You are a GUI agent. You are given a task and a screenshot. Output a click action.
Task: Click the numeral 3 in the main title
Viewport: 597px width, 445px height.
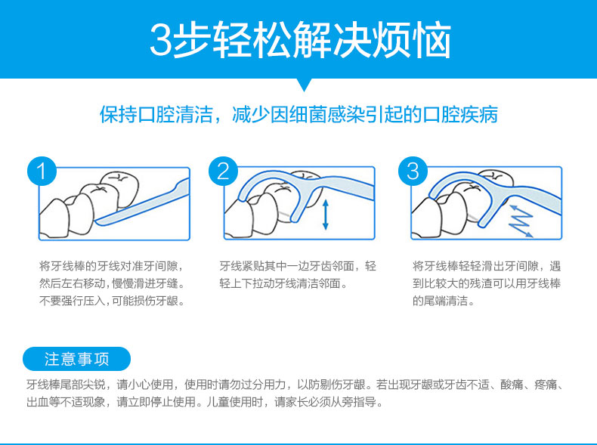(162, 40)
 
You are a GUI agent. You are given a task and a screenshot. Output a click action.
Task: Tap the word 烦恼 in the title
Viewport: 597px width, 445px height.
(412, 40)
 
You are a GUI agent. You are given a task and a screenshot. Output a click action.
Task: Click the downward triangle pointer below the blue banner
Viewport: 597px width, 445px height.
(304, 85)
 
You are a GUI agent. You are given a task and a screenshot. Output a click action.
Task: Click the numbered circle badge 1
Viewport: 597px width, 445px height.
(42, 172)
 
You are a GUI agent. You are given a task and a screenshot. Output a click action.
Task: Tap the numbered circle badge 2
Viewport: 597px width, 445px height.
(223, 172)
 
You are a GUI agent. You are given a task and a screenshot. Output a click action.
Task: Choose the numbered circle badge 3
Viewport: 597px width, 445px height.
(413, 172)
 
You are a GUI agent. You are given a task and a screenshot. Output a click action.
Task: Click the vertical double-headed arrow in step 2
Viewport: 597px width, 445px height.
(325, 215)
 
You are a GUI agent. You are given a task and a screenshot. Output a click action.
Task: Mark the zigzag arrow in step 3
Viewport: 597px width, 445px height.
(521, 221)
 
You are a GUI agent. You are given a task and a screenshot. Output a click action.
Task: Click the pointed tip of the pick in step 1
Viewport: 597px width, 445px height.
(95, 221)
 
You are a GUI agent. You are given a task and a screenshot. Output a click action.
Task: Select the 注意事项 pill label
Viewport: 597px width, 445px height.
(76, 359)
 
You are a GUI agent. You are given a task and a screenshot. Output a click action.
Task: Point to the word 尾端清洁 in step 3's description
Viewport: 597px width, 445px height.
(445, 301)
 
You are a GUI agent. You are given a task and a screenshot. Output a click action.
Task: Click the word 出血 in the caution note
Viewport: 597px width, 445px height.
(37, 402)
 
